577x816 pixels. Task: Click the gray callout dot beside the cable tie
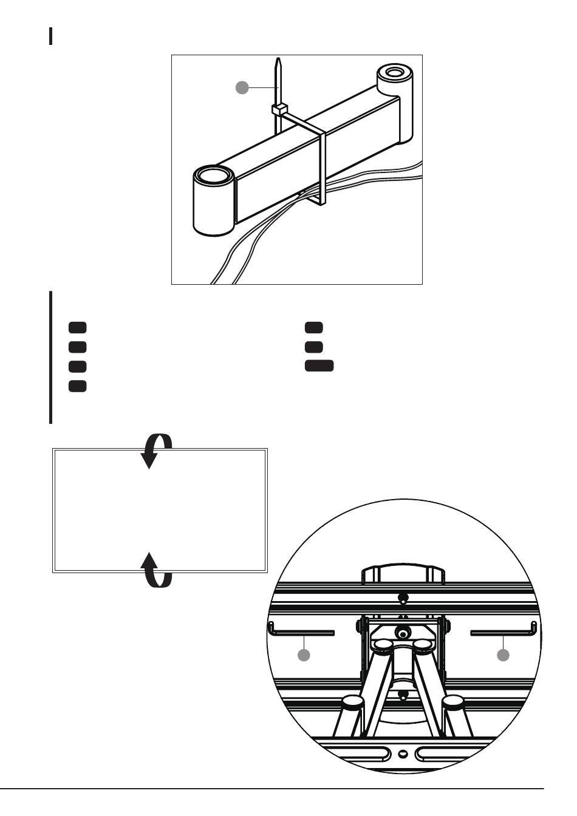click(x=242, y=87)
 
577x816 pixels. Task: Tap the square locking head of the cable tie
click(x=278, y=109)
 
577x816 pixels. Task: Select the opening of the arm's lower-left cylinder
click(x=213, y=177)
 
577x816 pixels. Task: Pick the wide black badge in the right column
click(x=319, y=365)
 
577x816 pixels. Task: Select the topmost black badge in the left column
click(x=77, y=327)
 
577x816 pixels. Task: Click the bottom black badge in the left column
click(x=77, y=386)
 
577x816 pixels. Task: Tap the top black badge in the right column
click(x=314, y=327)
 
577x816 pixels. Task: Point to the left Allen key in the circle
click(x=301, y=631)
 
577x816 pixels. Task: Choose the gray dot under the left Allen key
click(x=304, y=655)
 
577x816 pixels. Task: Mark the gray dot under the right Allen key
click(x=503, y=655)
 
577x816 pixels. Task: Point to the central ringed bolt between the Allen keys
click(x=402, y=633)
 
